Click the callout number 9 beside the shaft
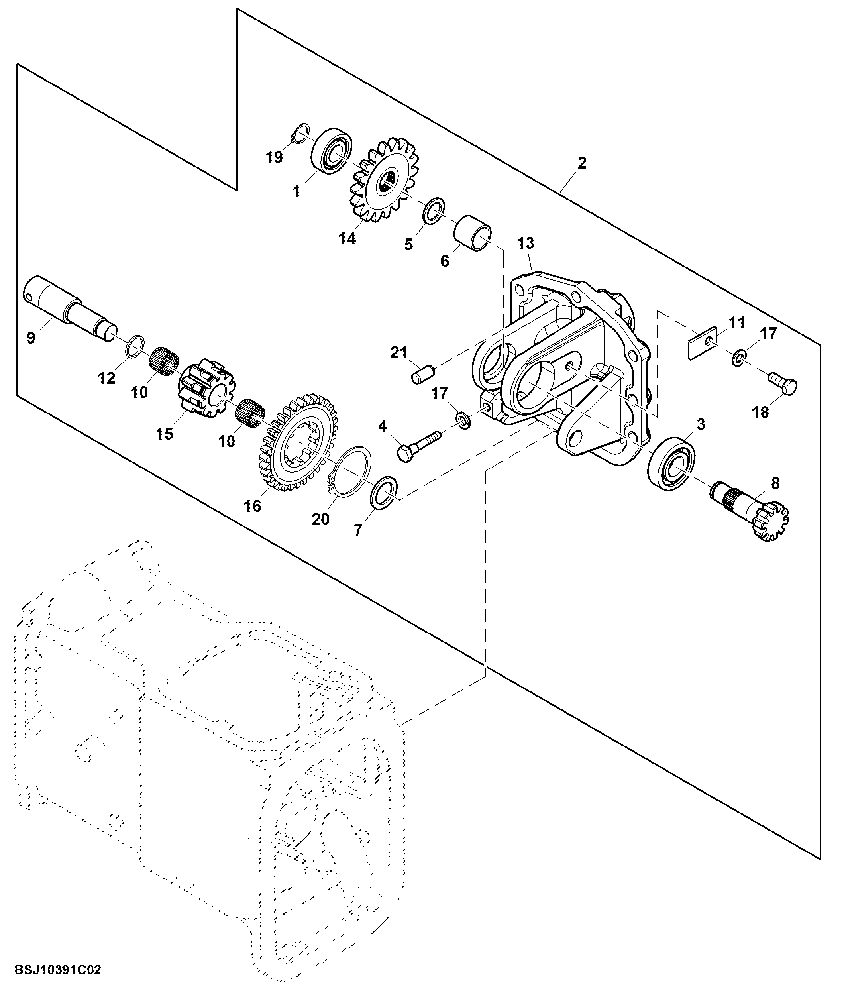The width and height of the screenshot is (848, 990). (31, 338)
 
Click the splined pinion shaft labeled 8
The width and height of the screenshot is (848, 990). (749, 512)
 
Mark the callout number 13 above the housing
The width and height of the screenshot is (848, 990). (526, 243)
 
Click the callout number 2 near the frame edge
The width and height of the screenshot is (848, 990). (581, 163)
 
